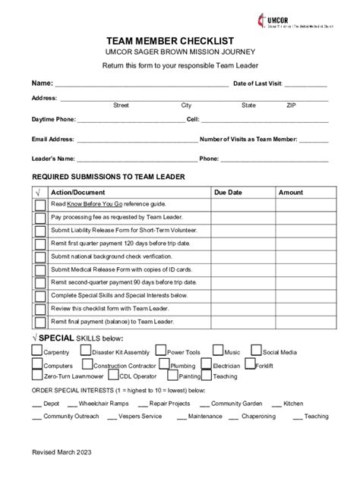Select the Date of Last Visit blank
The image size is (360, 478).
tap(306, 86)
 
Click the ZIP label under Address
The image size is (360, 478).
tap(292, 105)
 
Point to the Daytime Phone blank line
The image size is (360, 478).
tap(131, 121)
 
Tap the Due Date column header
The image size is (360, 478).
tap(228, 193)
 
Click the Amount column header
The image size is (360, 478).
tap(290, 193)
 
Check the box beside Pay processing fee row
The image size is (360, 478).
tap(39, 217)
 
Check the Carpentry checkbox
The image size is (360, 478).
tap(37, 351)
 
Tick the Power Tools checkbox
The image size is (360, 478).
tap(160, 351)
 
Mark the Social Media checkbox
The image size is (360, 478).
tap(256, 351)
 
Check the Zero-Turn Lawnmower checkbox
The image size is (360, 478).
tap(37, 375)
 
